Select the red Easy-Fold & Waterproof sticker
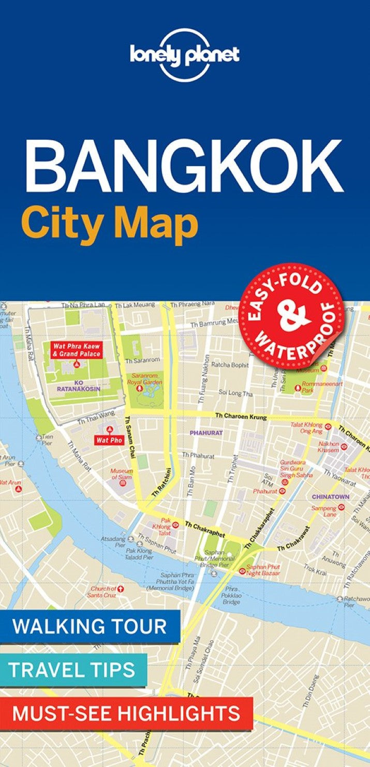(x=291, y=316)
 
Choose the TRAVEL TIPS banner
(x=73, y=669)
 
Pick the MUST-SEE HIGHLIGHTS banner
(x=126, y=713)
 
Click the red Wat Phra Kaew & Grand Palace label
(x=76, y=350)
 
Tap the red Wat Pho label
(x=109, y=440)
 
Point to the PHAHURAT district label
(x=206, y=432)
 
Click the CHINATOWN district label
(x=330, y=496)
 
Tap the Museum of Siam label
(x=122, y=474)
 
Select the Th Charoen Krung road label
(x=241, y=416)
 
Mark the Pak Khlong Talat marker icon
(x=175, y=524)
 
